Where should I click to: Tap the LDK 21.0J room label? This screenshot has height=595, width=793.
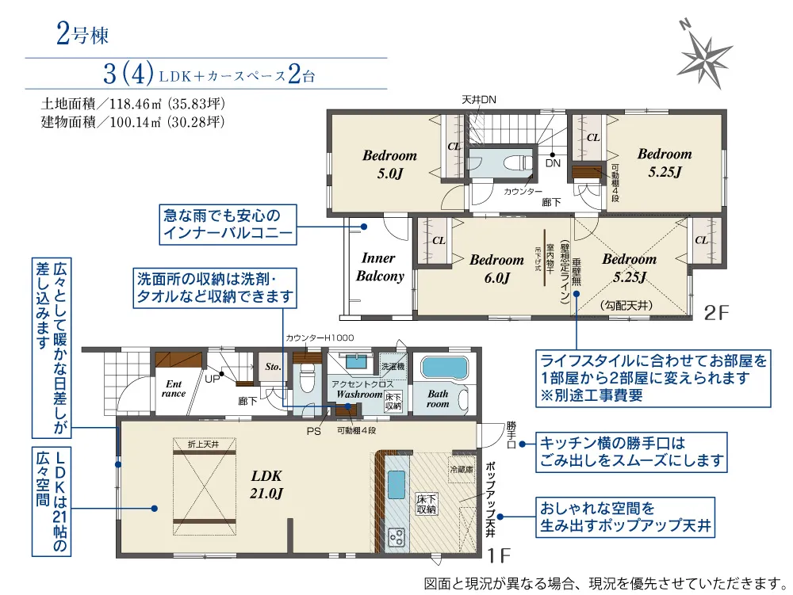(266, 484)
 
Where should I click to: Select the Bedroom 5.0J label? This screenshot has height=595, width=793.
(390, 165)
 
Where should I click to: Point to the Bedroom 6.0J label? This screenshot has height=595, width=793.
(496, 269)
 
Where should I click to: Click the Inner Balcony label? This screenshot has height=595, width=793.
(380, 267)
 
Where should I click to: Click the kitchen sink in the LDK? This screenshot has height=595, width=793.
(396, 484)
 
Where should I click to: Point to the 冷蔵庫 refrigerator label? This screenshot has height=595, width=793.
(462, 470)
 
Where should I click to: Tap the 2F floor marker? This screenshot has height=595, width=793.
(717, 313)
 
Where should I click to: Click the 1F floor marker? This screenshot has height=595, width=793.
(499, 556)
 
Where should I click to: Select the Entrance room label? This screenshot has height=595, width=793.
(174, 389)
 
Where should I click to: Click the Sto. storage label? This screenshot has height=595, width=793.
(273, 367)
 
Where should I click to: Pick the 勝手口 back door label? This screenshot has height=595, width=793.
(511, 436)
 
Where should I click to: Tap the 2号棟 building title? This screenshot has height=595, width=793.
(82, 35)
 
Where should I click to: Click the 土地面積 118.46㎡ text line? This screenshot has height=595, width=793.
(133, 104)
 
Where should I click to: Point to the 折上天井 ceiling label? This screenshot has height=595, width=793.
(203, 444)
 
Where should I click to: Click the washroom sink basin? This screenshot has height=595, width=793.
(356, 361)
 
